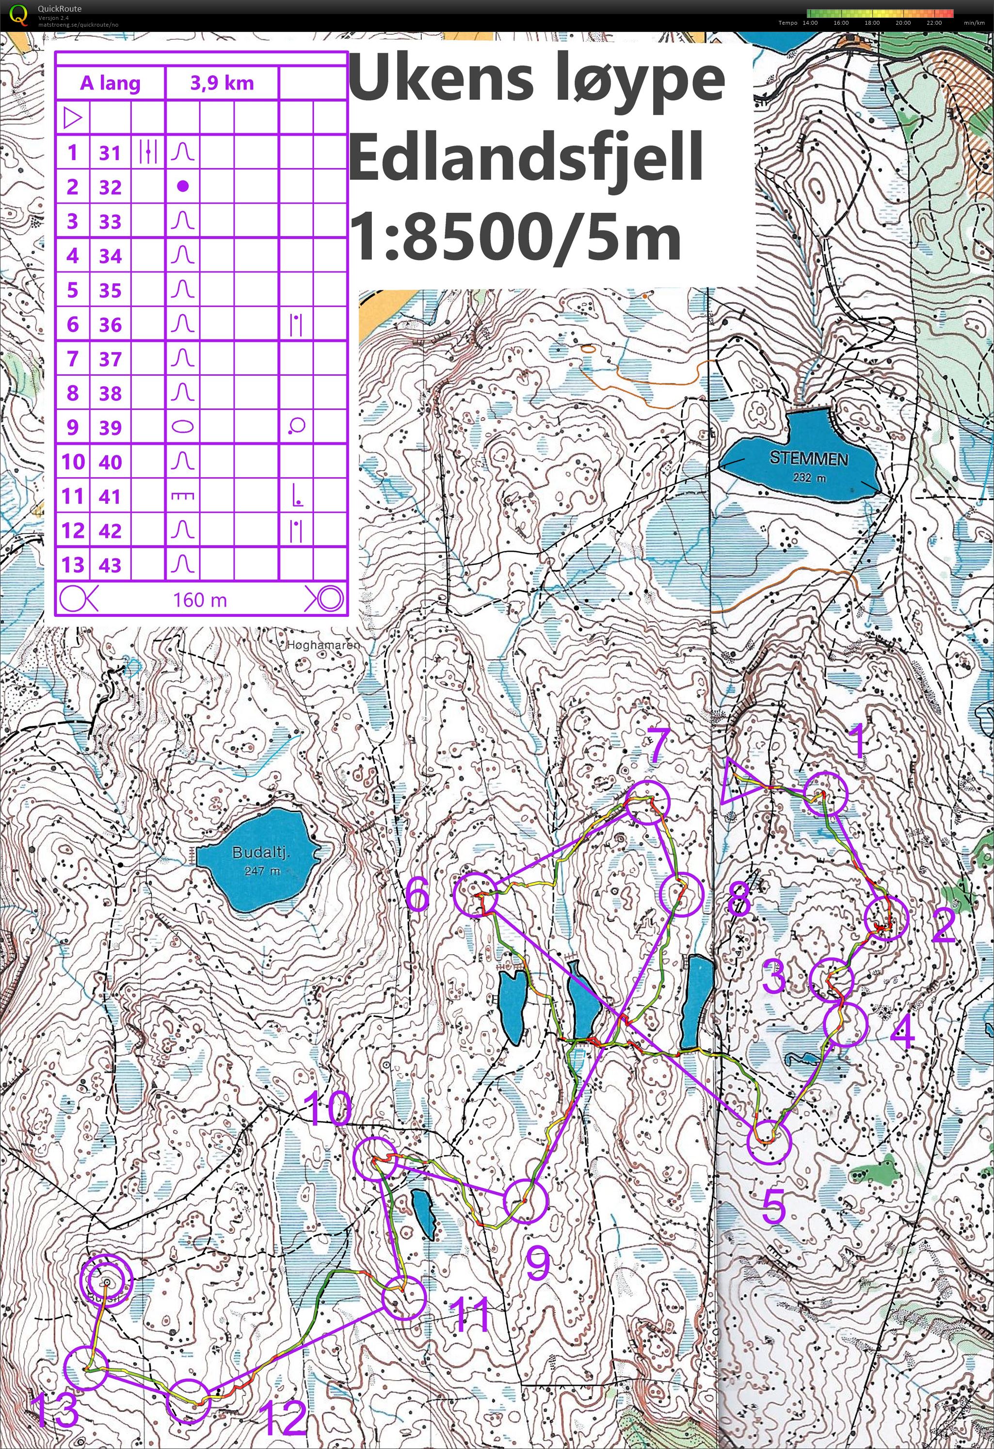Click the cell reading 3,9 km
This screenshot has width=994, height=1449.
pos(222,83)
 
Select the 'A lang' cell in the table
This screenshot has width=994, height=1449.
pos(111,83)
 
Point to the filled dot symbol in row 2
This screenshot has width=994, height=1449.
pos(182,186)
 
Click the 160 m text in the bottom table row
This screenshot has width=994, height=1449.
pos(200,600)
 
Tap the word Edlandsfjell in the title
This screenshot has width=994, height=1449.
pos(527,156)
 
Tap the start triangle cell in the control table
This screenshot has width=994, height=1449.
pos(72,118)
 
